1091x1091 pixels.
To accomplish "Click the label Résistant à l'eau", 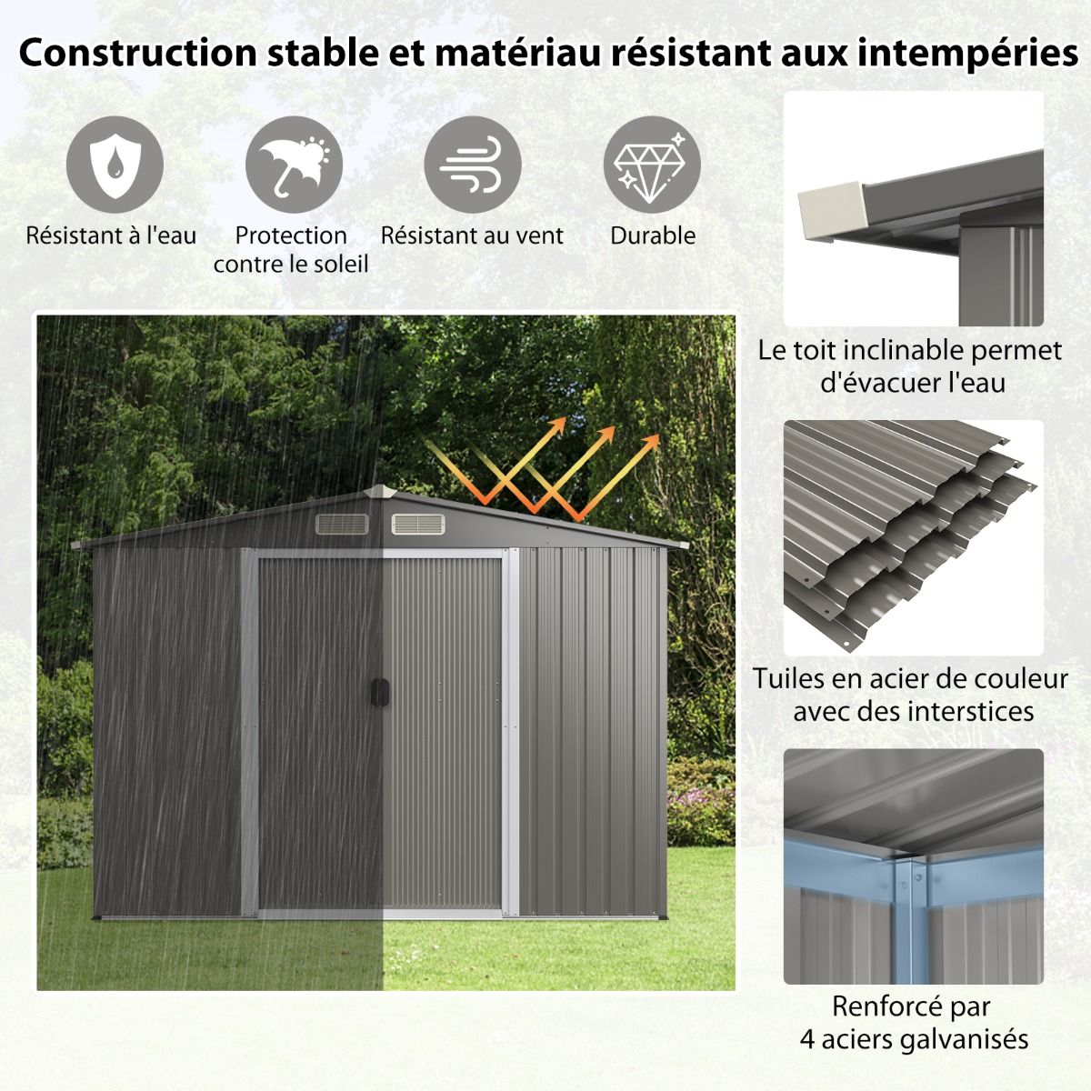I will [111, 236].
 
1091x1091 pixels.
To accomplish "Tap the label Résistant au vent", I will [472, 236].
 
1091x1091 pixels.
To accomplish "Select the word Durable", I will [652, 236].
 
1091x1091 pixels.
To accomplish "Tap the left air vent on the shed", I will [342, 525].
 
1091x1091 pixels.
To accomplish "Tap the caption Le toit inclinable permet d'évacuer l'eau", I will [912, 365].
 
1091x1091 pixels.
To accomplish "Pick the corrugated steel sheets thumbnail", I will [912, 536].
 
